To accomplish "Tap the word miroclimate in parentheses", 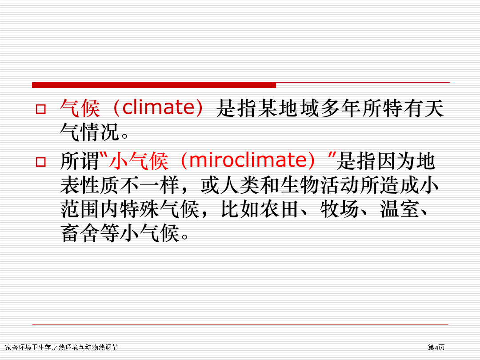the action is [x=248, y=160].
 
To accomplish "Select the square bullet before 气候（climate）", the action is [x=41, y=109].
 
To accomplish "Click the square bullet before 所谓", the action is [x=41, y=162].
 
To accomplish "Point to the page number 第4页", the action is [x=436, y=347].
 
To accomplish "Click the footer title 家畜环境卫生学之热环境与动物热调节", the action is [x=61, y=347].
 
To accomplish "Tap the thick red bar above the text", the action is [x=154, y=85].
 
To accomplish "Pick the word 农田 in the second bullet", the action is [x=280, y=209].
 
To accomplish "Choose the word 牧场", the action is [x=340, y=209].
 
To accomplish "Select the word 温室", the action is [x=399, y=209].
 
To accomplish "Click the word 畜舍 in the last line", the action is [x=80, y=233].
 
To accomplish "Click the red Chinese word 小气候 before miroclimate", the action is [x=139, y=161].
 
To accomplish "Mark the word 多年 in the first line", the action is [x=341, y=108].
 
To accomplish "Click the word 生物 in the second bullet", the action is [x=300, y=185].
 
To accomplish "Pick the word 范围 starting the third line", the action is [x=80, y=209].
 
